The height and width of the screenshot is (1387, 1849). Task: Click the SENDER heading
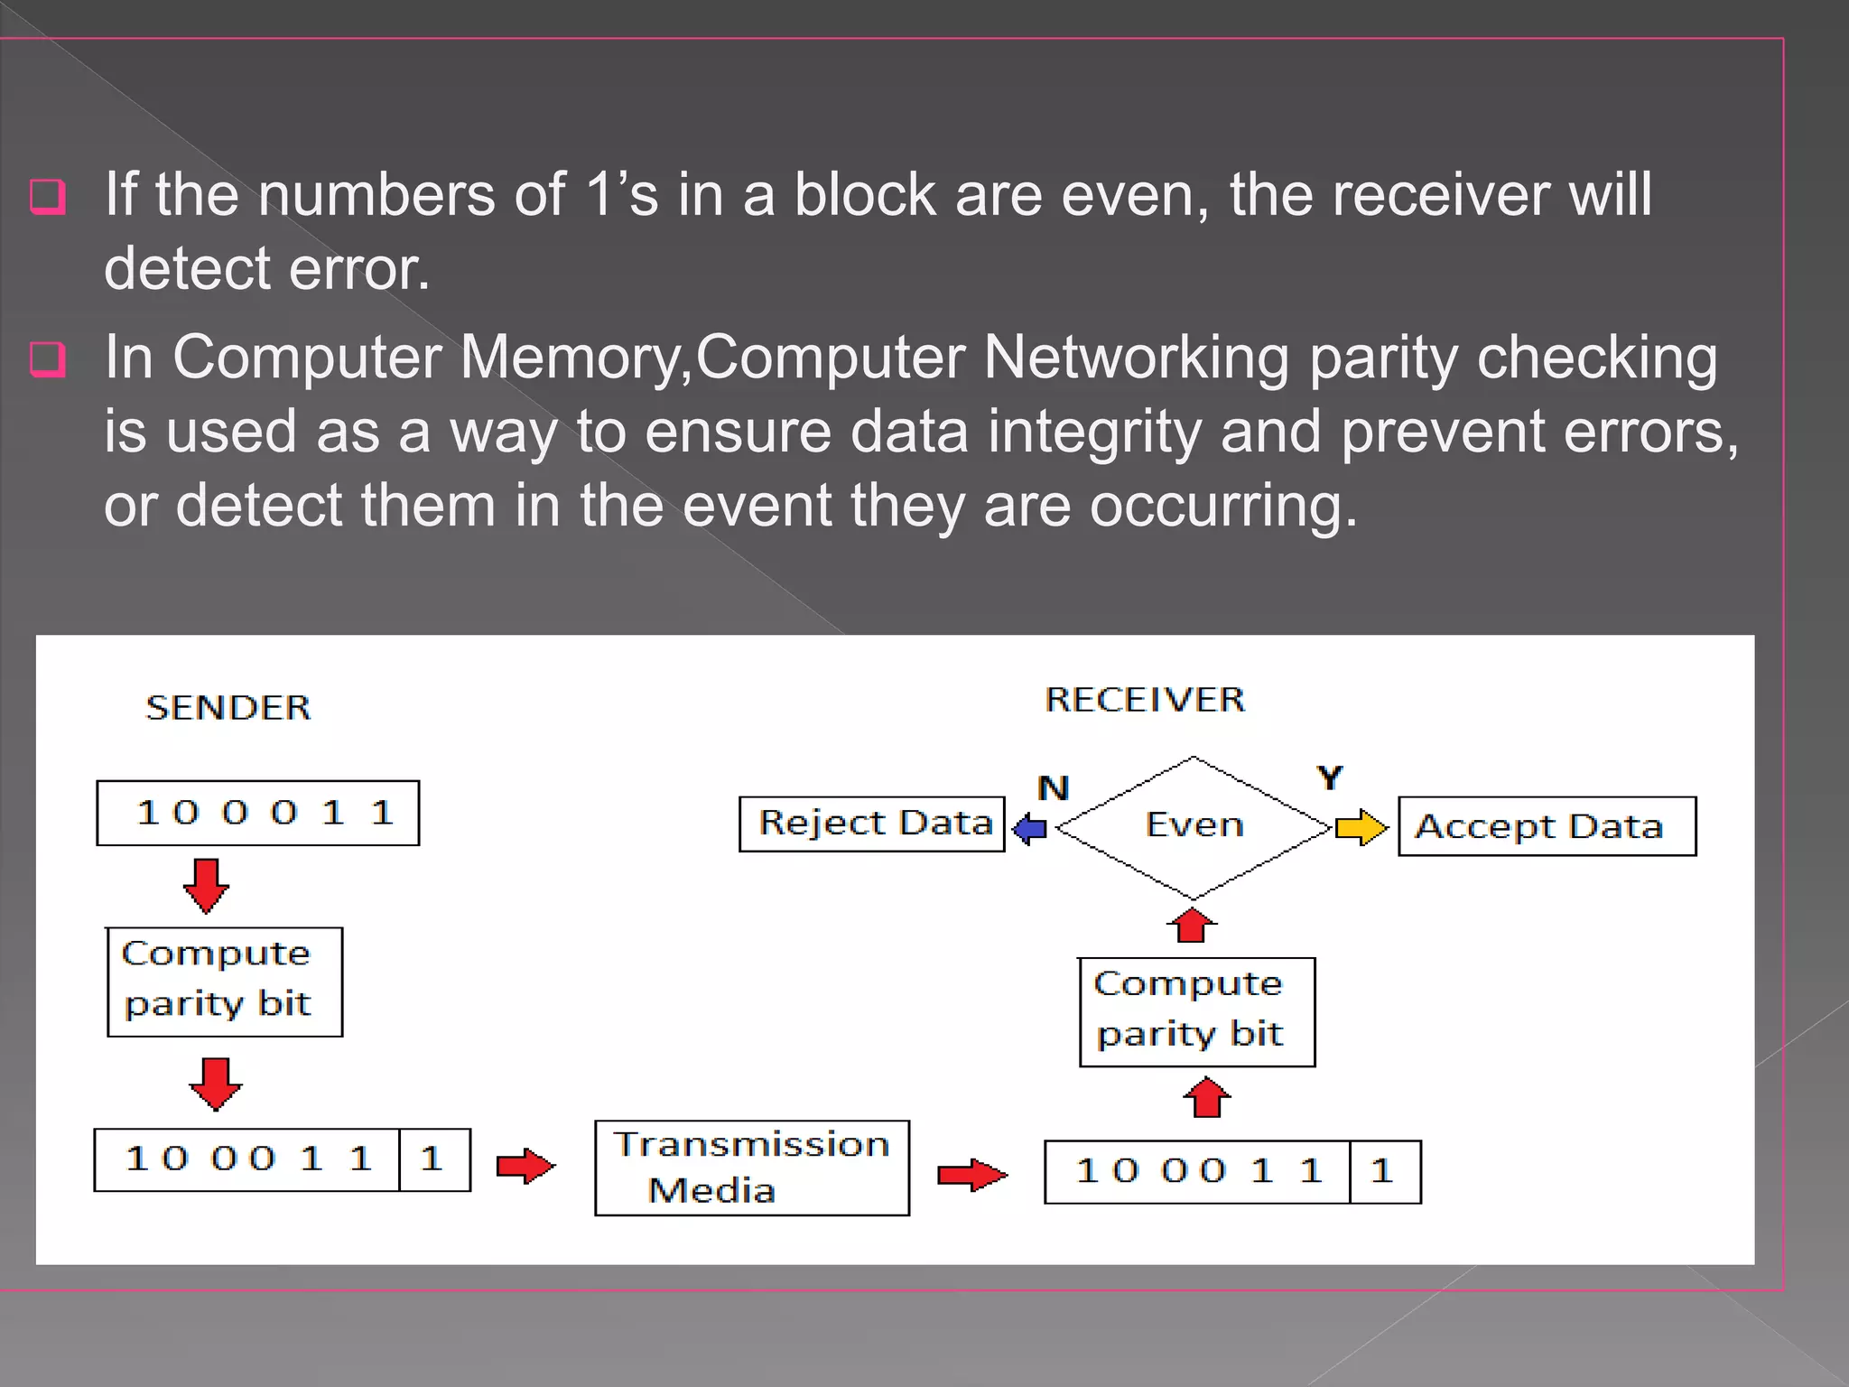[x=228, y=707]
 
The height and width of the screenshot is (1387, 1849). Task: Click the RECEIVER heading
[x=1145, y=700]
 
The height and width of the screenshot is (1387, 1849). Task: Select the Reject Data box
[x=872, y=824]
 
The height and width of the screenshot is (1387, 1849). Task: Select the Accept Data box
[x=1547, y=826]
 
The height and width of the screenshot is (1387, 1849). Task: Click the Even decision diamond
[x=1194, y=825]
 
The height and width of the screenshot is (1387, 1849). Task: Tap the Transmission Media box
[x=752, y=1168]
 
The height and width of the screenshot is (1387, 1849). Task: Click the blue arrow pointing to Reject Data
[x=1029, y=828]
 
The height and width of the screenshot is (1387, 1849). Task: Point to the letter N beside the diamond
[x=1053, y=788]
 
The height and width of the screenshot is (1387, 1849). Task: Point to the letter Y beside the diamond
[x=1329, y=777]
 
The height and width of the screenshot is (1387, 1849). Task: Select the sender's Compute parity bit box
[x=225, y=982]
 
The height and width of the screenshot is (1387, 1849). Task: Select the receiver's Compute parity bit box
[x=1197, y=1011]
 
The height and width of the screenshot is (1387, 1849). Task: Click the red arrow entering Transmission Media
[x=525, y=1166]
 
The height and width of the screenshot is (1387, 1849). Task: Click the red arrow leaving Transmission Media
[x=971, y=1175]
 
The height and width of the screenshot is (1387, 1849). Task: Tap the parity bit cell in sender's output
[x=434, y=1159]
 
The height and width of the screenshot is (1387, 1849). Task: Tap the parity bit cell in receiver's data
[x=1385, y=1172]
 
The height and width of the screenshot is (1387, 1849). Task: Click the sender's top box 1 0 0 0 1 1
[x=258, y=813]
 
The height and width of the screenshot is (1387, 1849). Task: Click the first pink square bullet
[x=48, y=196]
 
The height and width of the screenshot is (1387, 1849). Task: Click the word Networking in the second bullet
[x=1136, y=358]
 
